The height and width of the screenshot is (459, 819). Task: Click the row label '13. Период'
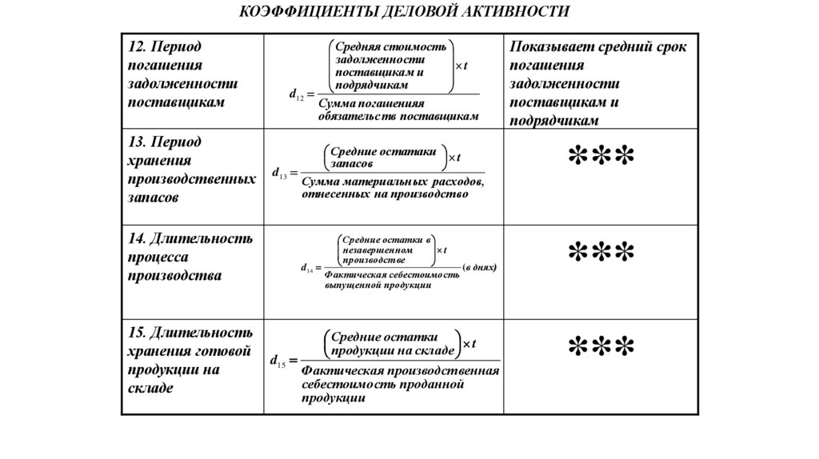(x=165, y=141)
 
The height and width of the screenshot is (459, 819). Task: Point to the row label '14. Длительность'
(x=190, y=238)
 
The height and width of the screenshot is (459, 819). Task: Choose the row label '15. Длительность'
(x=190, y=332)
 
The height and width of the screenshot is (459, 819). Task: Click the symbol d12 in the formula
(x=296, y=95)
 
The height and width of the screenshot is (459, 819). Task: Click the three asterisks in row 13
(x=601, y=157)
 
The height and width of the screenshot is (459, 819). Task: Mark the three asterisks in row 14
(x=601, y=253)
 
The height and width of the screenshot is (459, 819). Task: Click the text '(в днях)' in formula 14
(x=480, y=267)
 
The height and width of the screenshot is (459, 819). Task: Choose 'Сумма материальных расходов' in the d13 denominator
(x=392, y=183)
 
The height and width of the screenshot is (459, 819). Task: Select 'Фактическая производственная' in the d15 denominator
(x=400, y=372)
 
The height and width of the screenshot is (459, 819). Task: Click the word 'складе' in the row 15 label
(x=150, y=387)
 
